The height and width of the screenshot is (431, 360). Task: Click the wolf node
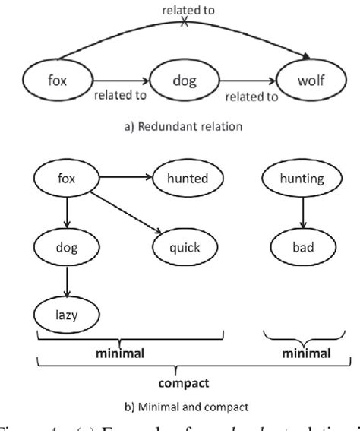coord(311,78)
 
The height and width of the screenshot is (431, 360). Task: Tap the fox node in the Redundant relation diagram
coord(52,78)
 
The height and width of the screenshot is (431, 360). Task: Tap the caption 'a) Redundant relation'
coord(180,127)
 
